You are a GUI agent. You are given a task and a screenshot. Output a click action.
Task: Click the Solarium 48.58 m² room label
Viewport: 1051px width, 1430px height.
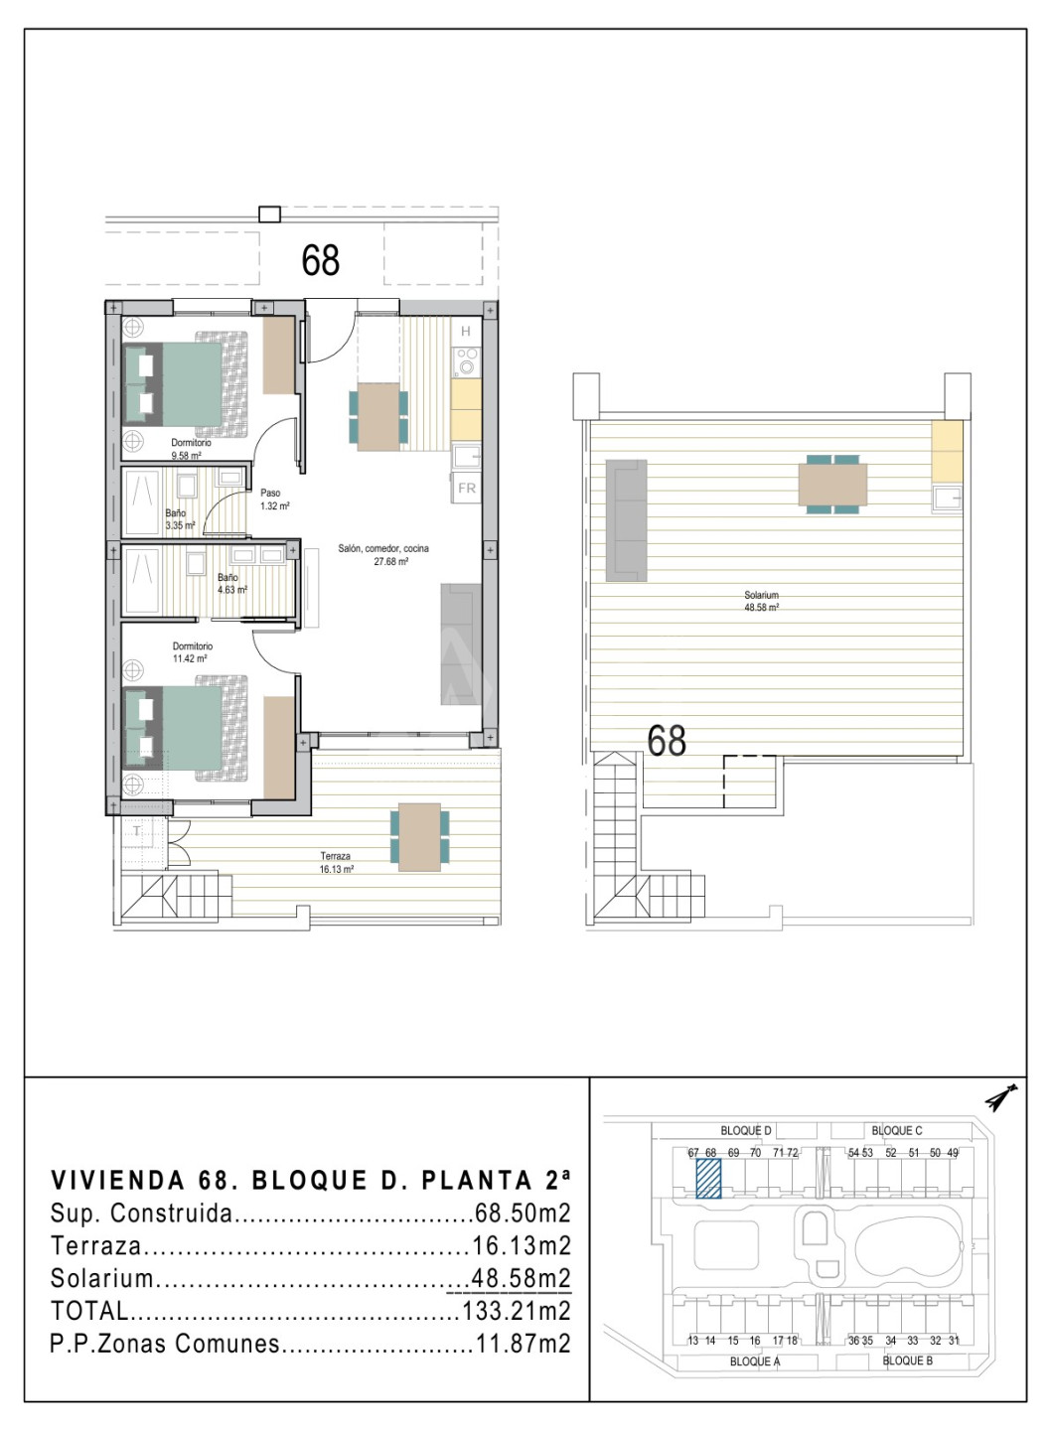(761, 601)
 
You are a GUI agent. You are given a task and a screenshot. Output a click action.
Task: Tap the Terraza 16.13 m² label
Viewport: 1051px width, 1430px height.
(336, 862)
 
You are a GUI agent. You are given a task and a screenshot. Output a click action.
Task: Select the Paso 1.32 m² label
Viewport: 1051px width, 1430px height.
(274, 500)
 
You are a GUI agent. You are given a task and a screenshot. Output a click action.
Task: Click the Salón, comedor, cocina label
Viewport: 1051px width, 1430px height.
(383, 548)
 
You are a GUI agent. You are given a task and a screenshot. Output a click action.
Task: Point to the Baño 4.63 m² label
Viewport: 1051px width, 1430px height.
(232, 584)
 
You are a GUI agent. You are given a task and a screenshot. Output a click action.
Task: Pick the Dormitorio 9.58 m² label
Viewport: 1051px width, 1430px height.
(191, 449)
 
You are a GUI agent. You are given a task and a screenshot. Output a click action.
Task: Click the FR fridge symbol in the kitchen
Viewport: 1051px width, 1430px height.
(467, 488)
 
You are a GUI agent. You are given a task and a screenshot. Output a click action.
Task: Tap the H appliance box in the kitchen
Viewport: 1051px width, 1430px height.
(466, 331)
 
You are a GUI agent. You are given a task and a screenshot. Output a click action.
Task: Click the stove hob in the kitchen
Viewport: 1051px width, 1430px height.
(466, 361)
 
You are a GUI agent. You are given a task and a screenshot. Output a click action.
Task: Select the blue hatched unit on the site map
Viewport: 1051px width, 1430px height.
(708, 1179)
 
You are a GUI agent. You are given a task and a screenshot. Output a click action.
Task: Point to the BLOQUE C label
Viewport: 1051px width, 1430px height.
(896, 1130)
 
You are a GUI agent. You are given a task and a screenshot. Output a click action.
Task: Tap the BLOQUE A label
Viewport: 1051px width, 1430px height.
(755, 1361)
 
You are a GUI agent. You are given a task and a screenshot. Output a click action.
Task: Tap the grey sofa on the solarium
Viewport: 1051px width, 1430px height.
(626, 520)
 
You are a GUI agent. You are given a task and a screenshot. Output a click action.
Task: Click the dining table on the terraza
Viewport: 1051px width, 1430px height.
(419, 837)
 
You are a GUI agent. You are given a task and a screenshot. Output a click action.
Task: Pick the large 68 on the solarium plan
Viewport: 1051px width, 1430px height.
(666, 740)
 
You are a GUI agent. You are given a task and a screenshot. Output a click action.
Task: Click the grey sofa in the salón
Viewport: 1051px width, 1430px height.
(460, 643)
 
